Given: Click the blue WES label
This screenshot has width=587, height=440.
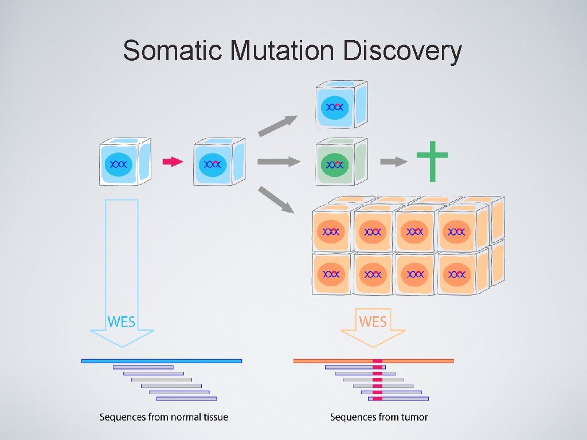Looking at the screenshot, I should coord(122,321).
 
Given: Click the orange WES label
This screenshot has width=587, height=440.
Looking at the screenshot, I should coord(373,321).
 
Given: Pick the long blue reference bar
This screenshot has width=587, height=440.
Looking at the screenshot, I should coord(162,361).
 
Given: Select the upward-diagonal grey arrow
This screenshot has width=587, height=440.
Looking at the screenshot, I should coord(277,125).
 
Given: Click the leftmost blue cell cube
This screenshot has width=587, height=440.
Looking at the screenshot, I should coord(125,162).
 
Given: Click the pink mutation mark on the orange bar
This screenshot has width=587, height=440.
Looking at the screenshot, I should coord(377,361).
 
